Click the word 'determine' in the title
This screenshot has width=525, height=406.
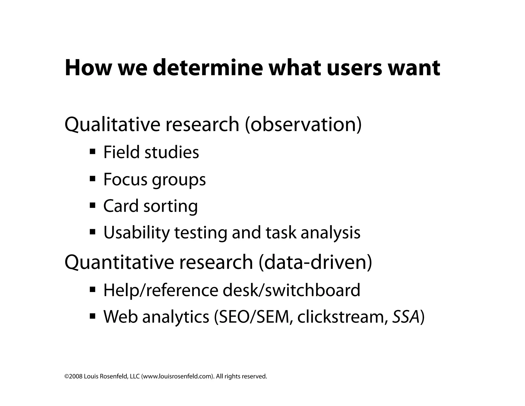[208, 68]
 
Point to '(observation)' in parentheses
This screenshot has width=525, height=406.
[303, 124]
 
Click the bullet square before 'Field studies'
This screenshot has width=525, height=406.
[93, 151]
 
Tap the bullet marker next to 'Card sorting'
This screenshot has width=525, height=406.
[93, 205]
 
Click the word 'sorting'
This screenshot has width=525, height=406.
[170, 206]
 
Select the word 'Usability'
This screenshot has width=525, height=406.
[136, 233]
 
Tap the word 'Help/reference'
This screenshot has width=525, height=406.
[161, 290]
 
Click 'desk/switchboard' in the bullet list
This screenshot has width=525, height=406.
[291, 290]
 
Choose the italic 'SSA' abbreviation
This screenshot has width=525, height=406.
[406, 317]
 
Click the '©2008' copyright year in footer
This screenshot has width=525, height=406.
[74, 376]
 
